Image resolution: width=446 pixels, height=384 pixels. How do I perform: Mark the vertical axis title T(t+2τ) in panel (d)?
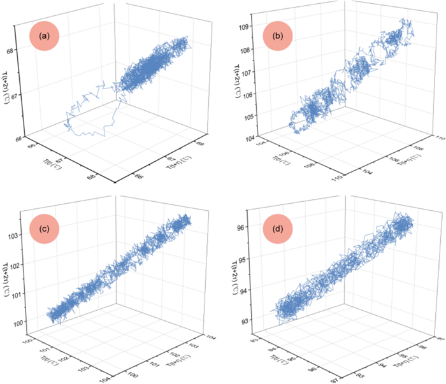[x=235, y=274]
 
